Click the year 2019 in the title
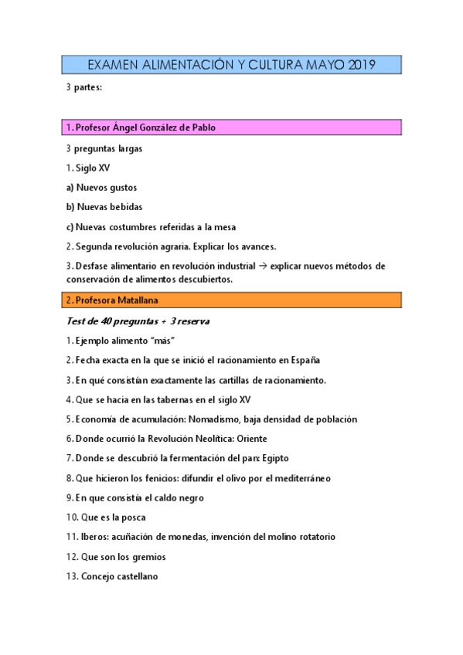[361, 66]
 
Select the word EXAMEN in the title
[113, 66]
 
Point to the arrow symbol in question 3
[259, 266]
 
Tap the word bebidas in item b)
[125, 207]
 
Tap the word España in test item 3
[304, 360]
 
